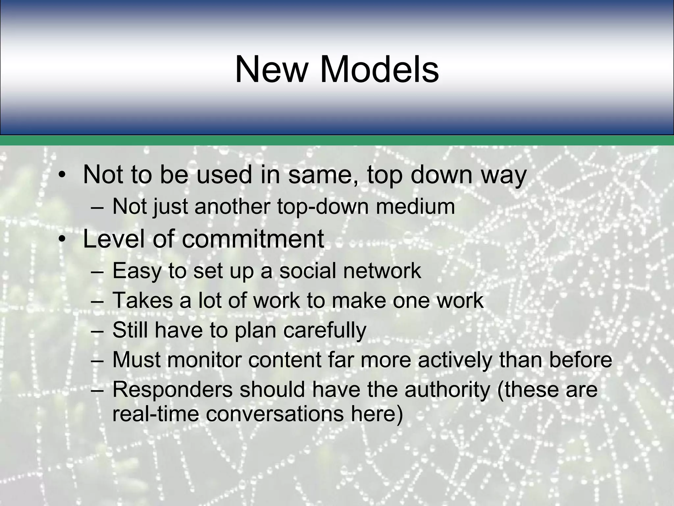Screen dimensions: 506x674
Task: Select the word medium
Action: coord(415,207)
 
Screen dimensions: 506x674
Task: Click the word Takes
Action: coord(143,300)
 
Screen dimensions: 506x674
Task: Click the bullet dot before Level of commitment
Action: coord(61,240)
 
